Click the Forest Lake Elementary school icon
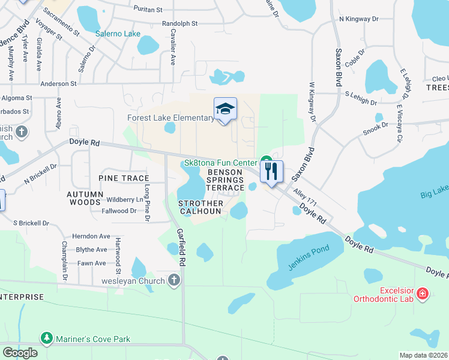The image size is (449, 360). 225,109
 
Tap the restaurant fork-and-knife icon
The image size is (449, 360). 271,172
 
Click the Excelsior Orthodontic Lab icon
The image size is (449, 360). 423,293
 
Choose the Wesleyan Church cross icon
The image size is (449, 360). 174,280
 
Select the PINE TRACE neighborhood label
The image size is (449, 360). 124,179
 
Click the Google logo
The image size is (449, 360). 20,352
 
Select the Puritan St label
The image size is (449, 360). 148,10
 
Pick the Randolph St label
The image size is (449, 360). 179,23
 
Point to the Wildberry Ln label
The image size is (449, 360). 125,199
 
